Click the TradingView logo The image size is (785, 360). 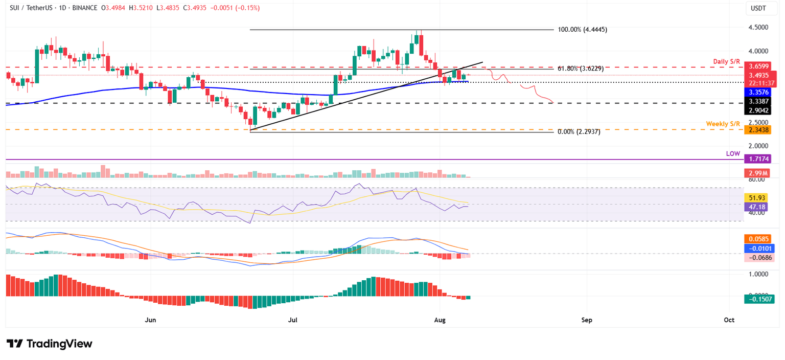tap(49, 344)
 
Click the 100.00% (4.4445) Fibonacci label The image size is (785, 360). tap(582, 30)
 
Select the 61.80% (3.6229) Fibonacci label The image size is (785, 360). tap(582, 69)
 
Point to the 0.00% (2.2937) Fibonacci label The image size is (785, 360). tap(579, 131)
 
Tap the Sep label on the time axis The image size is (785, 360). tap(587, 320)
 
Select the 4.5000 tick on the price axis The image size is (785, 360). tap(759, 27)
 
